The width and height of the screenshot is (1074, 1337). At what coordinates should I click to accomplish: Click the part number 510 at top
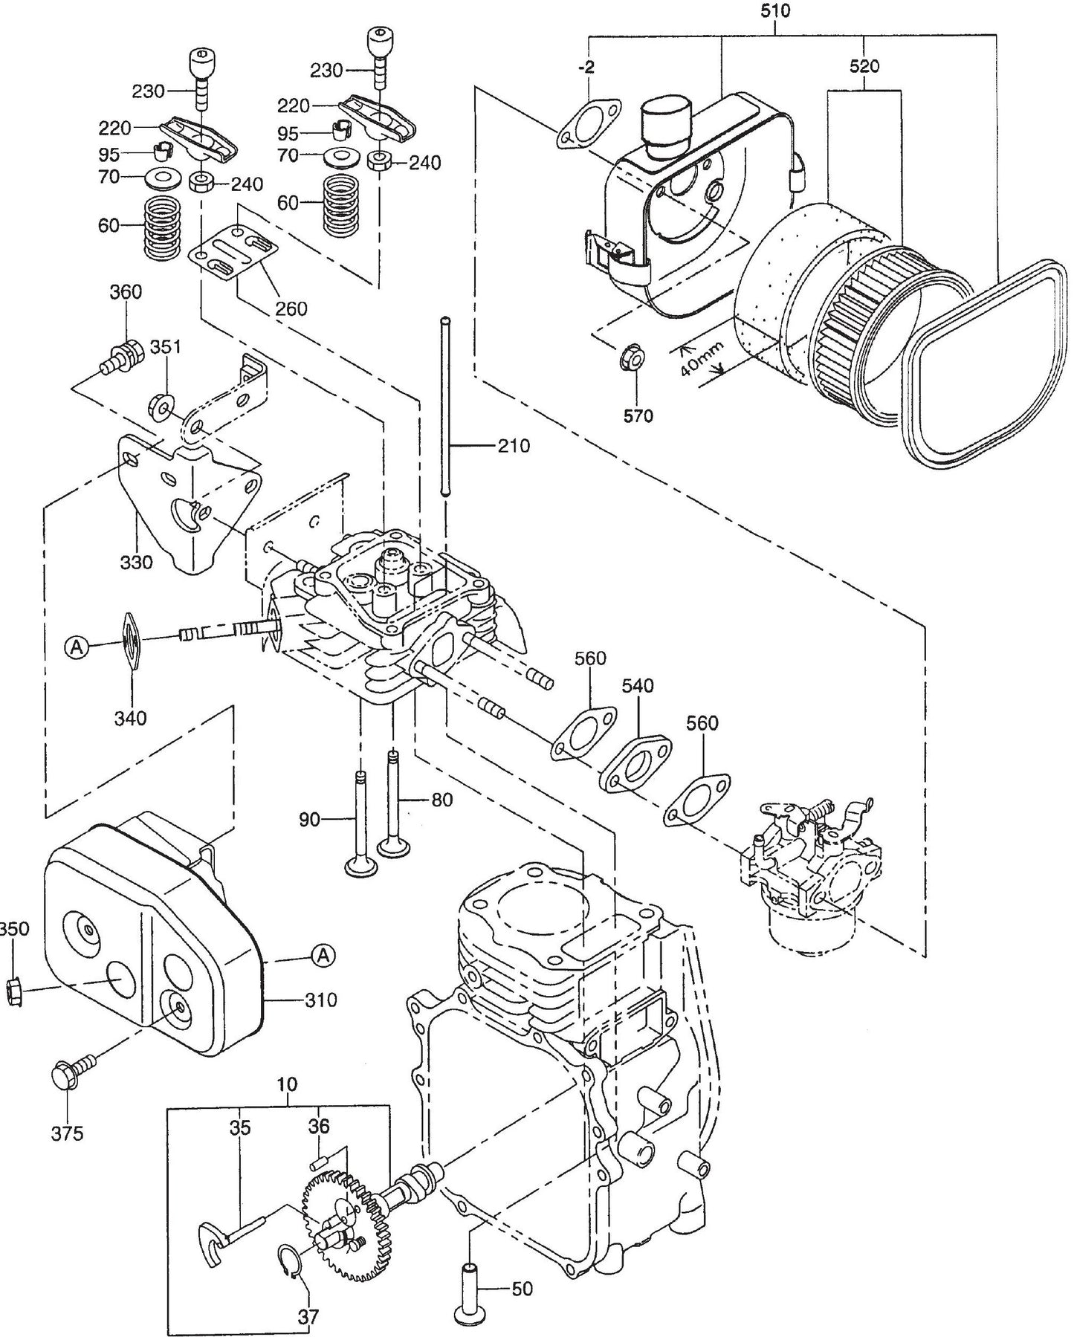(x=775, y=11)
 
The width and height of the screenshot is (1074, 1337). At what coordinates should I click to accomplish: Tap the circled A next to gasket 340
(x=76, y=647)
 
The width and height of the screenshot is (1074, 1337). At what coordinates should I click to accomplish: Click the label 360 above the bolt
(x=126, y=292)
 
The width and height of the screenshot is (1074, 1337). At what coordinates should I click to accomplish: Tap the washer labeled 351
(x=159, y=405)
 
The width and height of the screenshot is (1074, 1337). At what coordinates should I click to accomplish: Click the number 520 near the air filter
(x=864, y=66)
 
